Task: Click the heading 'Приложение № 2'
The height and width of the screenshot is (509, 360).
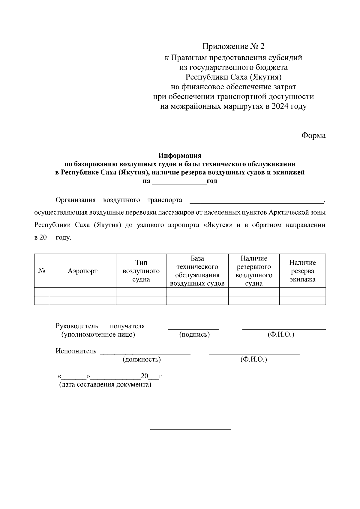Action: point(234,46)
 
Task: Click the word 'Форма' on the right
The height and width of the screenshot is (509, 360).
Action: point(313,135)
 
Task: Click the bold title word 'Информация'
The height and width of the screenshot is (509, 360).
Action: point(180,156)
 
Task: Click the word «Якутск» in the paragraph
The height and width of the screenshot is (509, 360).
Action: point(218,225)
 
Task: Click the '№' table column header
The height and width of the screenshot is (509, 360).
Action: point(42,271)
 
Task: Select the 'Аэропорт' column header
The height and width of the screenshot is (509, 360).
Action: point(82,271)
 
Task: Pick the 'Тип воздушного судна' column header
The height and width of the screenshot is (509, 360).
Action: point(141,271)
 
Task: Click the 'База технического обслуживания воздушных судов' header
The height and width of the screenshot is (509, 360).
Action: point(197,271)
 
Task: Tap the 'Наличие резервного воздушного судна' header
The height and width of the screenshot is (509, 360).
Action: point(254,271)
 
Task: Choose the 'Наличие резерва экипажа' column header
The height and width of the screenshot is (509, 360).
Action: point(302,271)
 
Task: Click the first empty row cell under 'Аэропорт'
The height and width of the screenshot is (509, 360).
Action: point(82,292)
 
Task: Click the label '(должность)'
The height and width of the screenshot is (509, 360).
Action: point(142,359)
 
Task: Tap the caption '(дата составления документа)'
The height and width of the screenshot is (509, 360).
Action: point(105,385)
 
